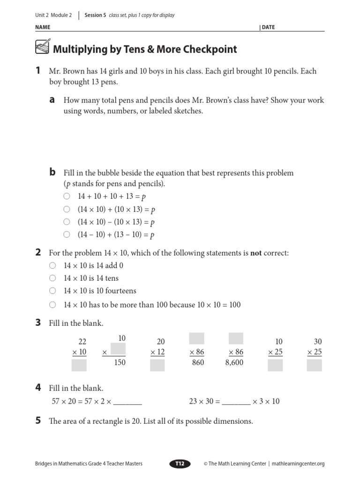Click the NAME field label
[x=43, y=27]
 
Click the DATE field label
[x=269, y=27]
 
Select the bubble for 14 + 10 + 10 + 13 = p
[x=67, y=196]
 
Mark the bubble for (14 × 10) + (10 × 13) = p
[x=67, y=209]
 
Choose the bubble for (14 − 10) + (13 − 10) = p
[x=67, y=234]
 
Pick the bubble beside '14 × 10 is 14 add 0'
[x=52, y=265]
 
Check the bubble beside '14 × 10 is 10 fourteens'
[x=52, y=291]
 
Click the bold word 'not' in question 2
[x=256, y=253]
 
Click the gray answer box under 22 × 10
[x=79, y=366]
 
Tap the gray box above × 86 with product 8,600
[x=236, y=339]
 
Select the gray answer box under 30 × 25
[x=314, y=366]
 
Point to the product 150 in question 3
[x=120, y=363]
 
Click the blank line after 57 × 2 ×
[x=127, y=402]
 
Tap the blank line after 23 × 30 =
[x=236, y=402]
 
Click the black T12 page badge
[x=180, y=464]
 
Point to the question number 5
[x=38, y=421]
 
